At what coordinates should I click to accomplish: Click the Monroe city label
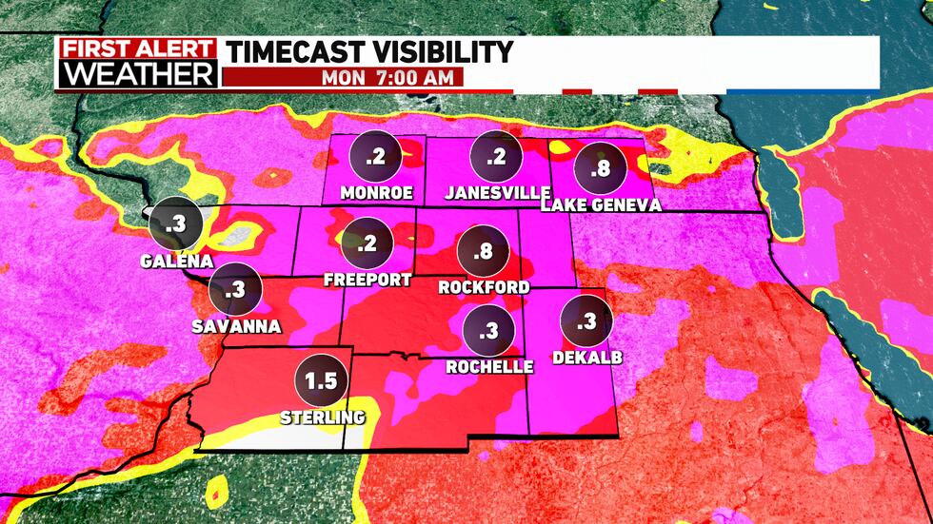point(376,193)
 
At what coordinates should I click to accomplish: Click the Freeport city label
point(367,280)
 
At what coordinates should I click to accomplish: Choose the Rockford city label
point(484,286)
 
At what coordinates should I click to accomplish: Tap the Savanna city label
point(234,326)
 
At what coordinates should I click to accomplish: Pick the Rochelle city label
point(487,366)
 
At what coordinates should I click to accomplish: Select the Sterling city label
point(322,417)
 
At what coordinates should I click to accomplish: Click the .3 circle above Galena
point(176,224)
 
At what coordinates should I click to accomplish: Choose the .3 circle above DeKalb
point(586,321)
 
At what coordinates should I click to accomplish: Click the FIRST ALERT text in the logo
point(137,49)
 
